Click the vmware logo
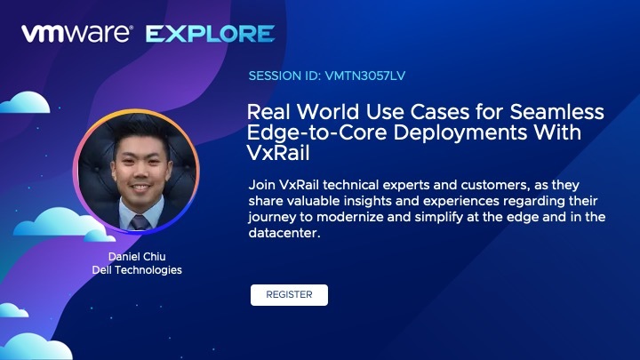click(x=77, y=34)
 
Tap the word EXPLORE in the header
click(x=210, y=34)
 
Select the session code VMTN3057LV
click(x=365, y=76)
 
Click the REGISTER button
click(x=289, y=295)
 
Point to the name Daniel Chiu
click(x=137, y=256)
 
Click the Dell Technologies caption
click(x=137, y=270)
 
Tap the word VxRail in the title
click(x=278, y=153)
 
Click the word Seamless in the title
click(x=556, y=112)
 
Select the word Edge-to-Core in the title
click(x=316, y=132)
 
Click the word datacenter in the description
click(x=284, y=233)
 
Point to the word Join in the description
click(x=262, y=185)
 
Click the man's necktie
click(x=140, y=222)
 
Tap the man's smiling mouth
click(x=140, y=188)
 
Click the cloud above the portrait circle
click(x=25, y=102)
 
